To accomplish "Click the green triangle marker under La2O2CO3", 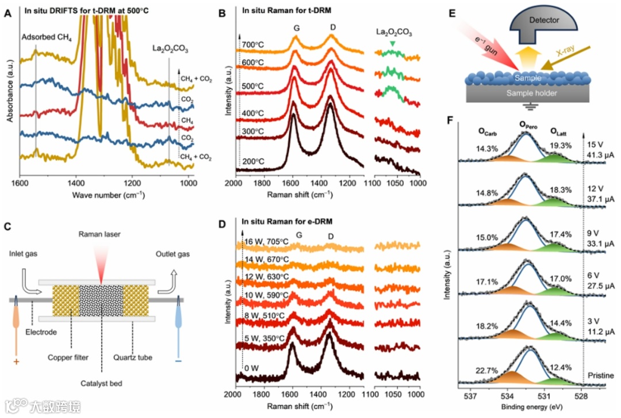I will pyautogui.click(x=392, y=44).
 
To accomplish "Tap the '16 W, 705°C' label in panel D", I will pyautogui.click(x=263, y=241).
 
